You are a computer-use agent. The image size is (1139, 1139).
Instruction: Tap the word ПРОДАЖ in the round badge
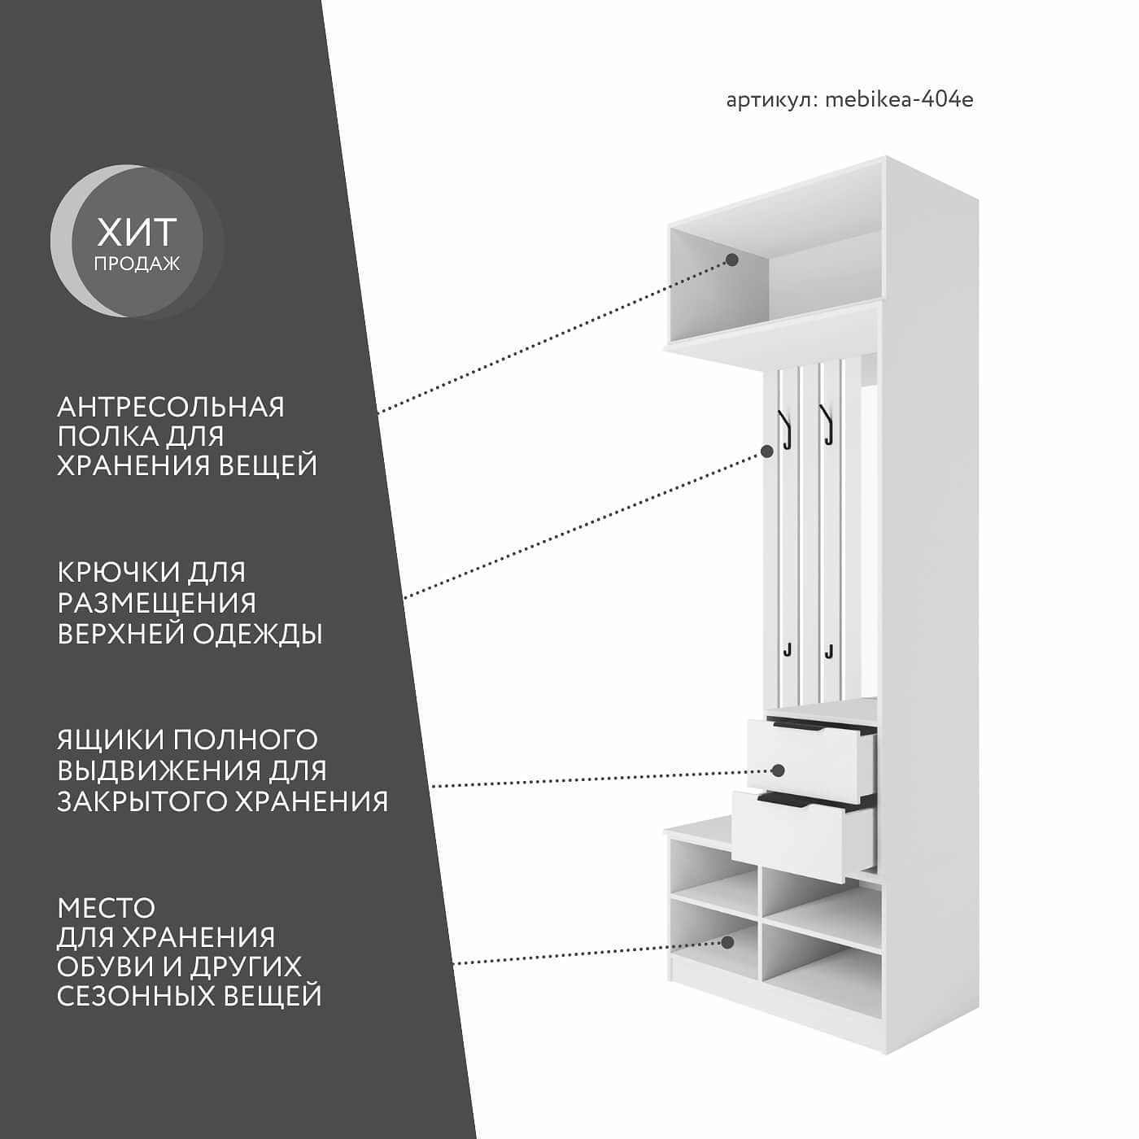(x=137, y=264)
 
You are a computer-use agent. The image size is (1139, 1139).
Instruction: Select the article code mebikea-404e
(x=899, y=99)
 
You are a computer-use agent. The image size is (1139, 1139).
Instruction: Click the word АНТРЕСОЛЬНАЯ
(x=171, y=407)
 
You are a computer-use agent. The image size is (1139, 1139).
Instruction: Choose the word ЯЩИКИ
(x=110, y=740)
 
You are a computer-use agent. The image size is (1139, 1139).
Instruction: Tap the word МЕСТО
(x=106, y=907)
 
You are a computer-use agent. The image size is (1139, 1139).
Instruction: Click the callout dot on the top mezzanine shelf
(x=731, y=260)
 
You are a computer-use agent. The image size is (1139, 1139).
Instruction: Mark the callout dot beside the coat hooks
(x=766, y=450)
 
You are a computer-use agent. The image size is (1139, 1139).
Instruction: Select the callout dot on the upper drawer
(x=778, y=770)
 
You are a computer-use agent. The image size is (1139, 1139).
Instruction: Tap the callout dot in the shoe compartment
(x=727, y=942)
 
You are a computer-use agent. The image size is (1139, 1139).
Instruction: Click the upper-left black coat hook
(x=786, y=430)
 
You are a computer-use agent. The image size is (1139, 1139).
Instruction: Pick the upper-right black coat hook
(x=827, y=425)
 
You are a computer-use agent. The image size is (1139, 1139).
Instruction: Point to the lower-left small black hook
(x=788, y=650)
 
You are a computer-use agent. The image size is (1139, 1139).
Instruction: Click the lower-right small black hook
(x=828, y=650)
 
